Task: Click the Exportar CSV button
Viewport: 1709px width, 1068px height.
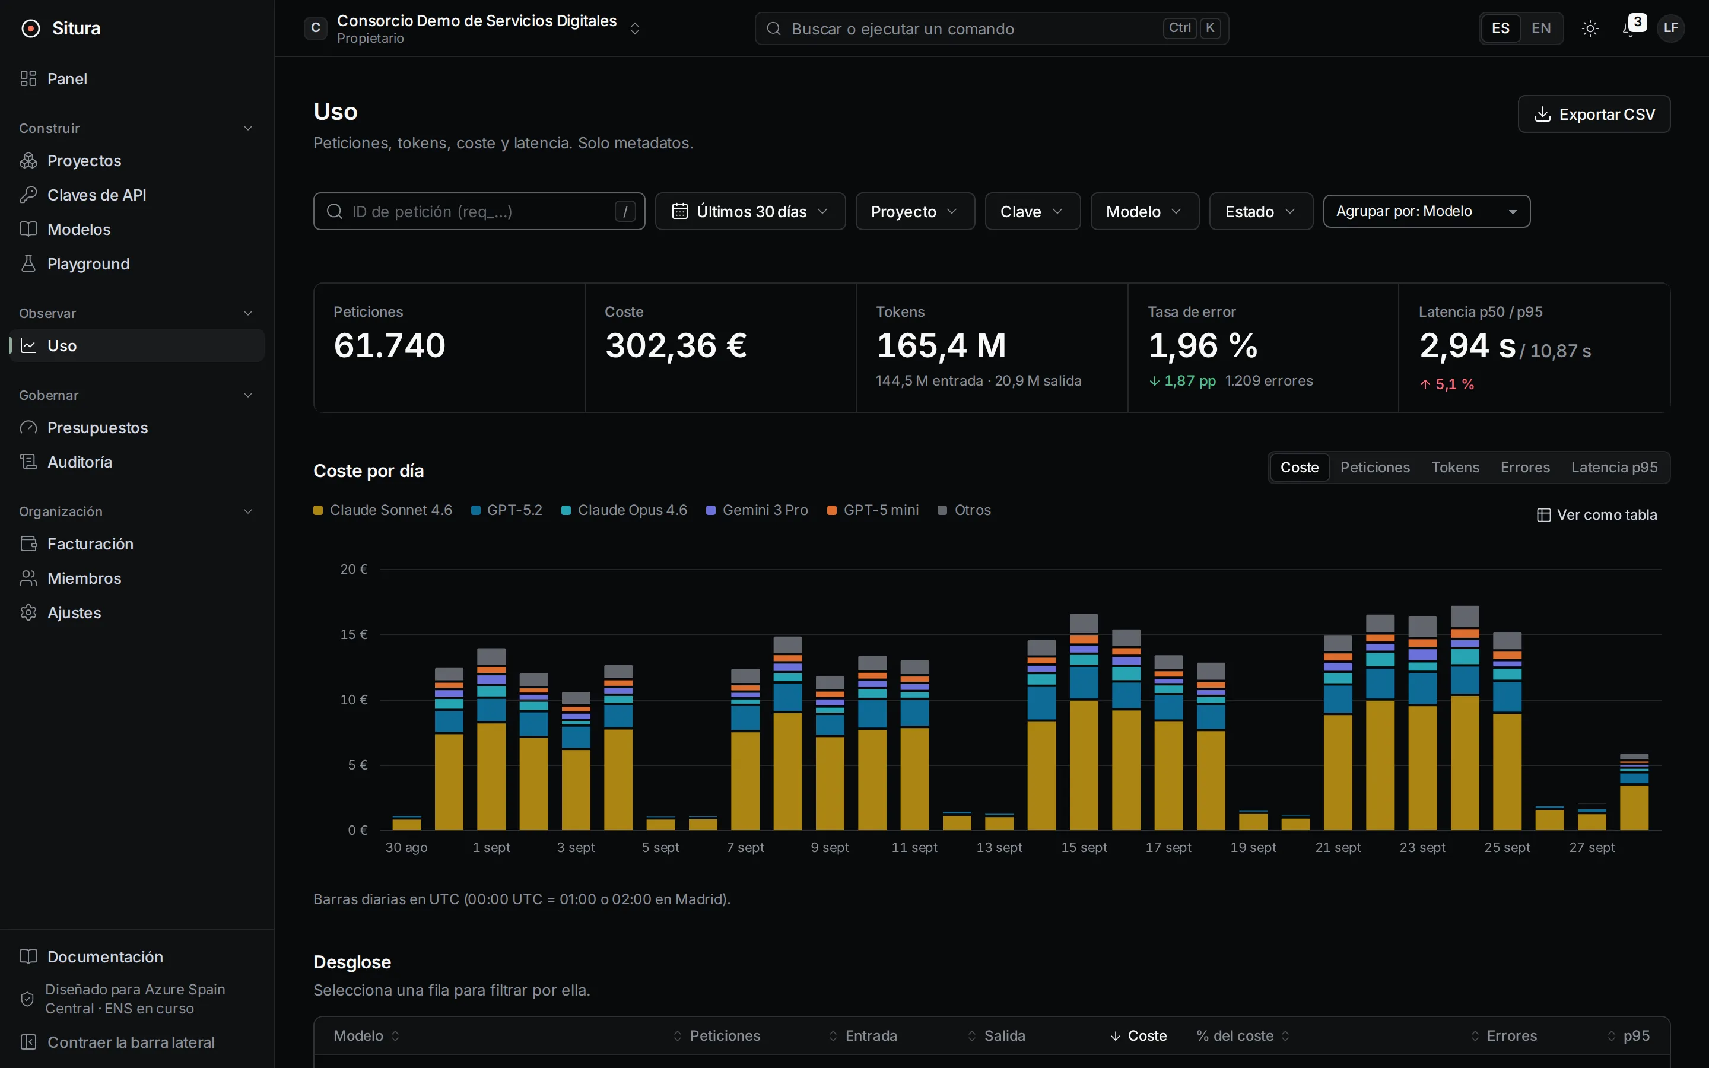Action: pyautogui.click(x=1594, y=114)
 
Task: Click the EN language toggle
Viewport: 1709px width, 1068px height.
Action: pyautogui.click(x=1541, y=28)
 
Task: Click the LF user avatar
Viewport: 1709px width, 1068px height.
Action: pyautogui.click(x=1671, y=28)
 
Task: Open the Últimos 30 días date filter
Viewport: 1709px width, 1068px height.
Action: pyautogui.click(x=750, y=211)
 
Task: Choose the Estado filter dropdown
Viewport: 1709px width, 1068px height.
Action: pyautogui.click(x=1260, y=211)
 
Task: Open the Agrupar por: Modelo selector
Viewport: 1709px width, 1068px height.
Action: pyautogui.click(x=1427, y=211)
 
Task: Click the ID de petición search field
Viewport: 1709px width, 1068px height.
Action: pyautogui.click(x=479, y=211)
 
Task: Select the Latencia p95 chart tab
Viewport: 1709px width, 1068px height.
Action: pyautogui.click(x=1613, y=468)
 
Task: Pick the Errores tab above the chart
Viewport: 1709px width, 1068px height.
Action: pyautogui.click(x=1524, y=468)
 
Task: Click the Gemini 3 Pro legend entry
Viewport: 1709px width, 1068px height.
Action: pyautogui.click(x=757, y=510)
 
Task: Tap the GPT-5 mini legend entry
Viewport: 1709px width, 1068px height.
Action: pyautogui.click(x=873, y=510)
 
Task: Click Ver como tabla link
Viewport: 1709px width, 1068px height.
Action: pyautogui.click(x=1597, y=515)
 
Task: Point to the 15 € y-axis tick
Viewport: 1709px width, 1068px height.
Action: pyautogui.click(x=354, y=634)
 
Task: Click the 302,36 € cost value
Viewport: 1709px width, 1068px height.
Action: pyautogui.click(x=676, y=345)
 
